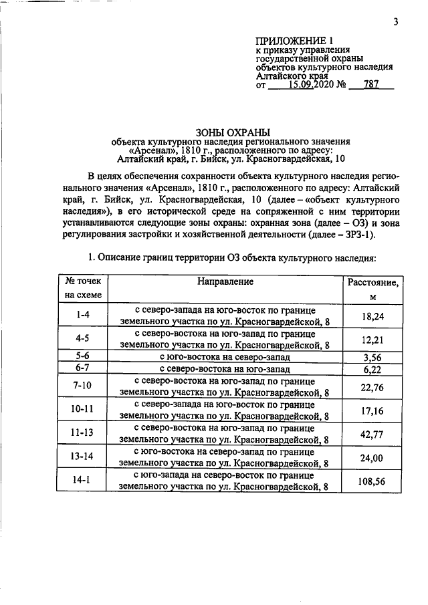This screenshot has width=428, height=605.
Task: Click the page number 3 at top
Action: pyautogui.click(x=395, y=21)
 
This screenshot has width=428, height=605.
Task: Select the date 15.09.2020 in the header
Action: pyautogui.click(x=313, y=86)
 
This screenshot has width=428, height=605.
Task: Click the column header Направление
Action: pyautogui.click(x=225, y=282)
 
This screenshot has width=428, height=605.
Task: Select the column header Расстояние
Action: pyautogui.click(x=373, y=283)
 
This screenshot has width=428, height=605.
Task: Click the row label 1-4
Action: pyautogui.click(x=84, y=314)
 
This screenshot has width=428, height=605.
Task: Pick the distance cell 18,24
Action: pyautogui.click(x=372, y=316)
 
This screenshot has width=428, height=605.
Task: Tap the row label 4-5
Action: pyautogui.click(x=84, y=338)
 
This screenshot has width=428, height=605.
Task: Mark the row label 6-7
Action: pyautogui.click(x=84, y=369)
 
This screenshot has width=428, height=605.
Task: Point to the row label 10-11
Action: pyautogui.click(x=84, y=410)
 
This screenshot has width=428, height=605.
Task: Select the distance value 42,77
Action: pyautogui.click(x=372, y=435)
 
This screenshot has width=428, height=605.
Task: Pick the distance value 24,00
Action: pyautogui.click(x=372, y=459)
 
